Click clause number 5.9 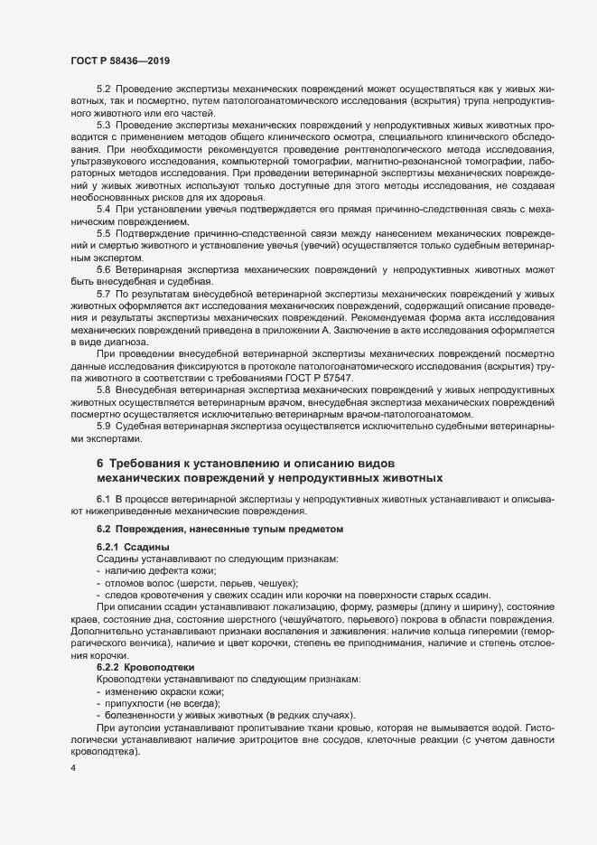click(x=103, y=425)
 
